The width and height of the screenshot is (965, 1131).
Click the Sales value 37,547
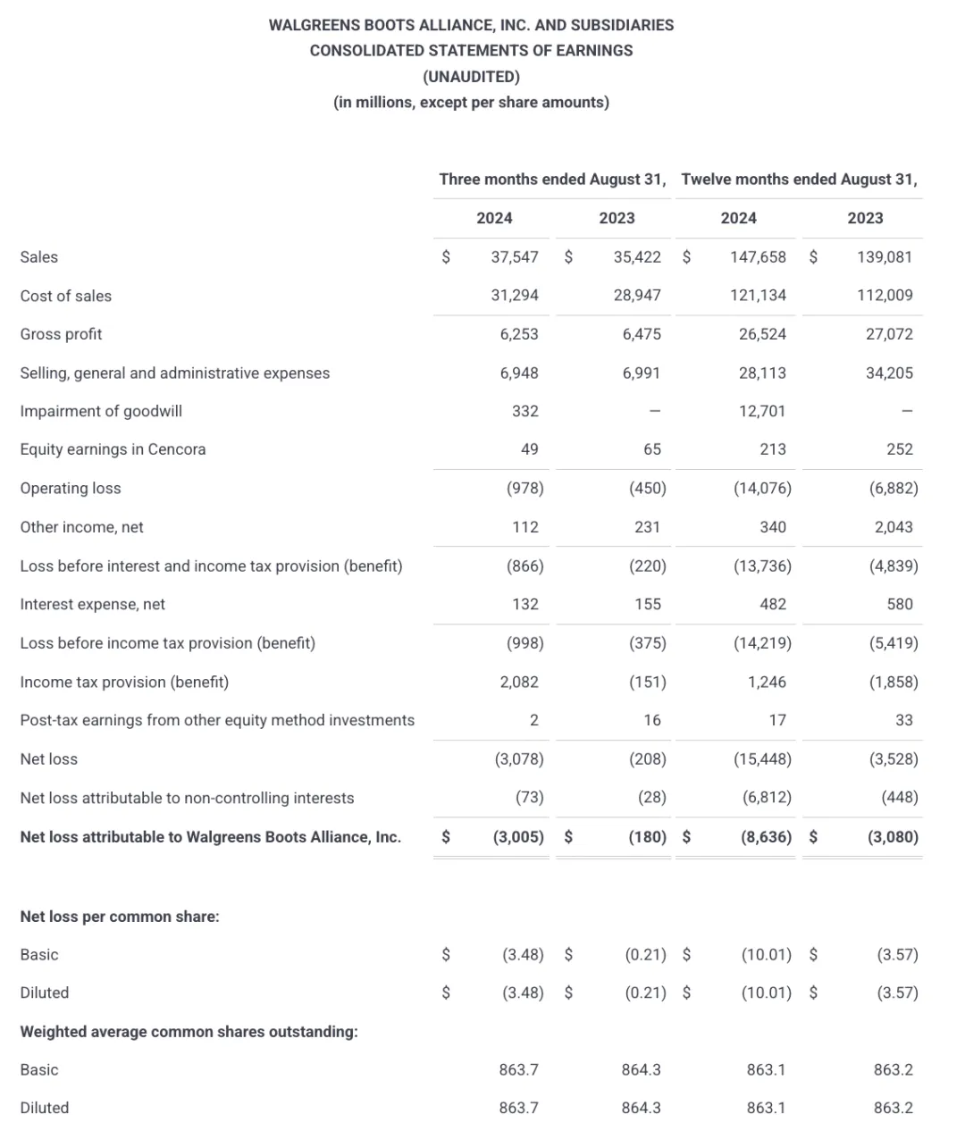click(x=515, y=257)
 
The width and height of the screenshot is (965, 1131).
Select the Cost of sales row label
click(x=66, y=296)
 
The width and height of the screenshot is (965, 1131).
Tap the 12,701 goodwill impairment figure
click(x=762, y=411)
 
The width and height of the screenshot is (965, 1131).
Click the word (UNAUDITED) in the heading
click(x=471, y=76)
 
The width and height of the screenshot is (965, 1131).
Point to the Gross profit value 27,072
click(x=889, y=334)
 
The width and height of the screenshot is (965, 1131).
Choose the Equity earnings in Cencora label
click(x=113, y=449)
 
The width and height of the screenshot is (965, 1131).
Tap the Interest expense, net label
click(x=93, y=605)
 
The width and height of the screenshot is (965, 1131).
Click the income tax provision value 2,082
click(x=519, y=683)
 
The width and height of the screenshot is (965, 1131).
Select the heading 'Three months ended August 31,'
click(x=552, y=180)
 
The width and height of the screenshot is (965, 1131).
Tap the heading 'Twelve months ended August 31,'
click(x=799, y=180)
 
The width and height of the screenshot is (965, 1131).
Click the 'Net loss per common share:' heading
click(x=120, y=917)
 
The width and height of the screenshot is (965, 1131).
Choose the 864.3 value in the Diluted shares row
click(x=641, y=1108)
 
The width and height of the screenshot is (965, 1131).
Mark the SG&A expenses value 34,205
click(x=889, y=373)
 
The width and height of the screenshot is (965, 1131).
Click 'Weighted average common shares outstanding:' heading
click(x=189, y=1032)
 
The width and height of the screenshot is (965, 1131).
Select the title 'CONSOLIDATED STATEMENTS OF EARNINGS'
click(x=471, y=51)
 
